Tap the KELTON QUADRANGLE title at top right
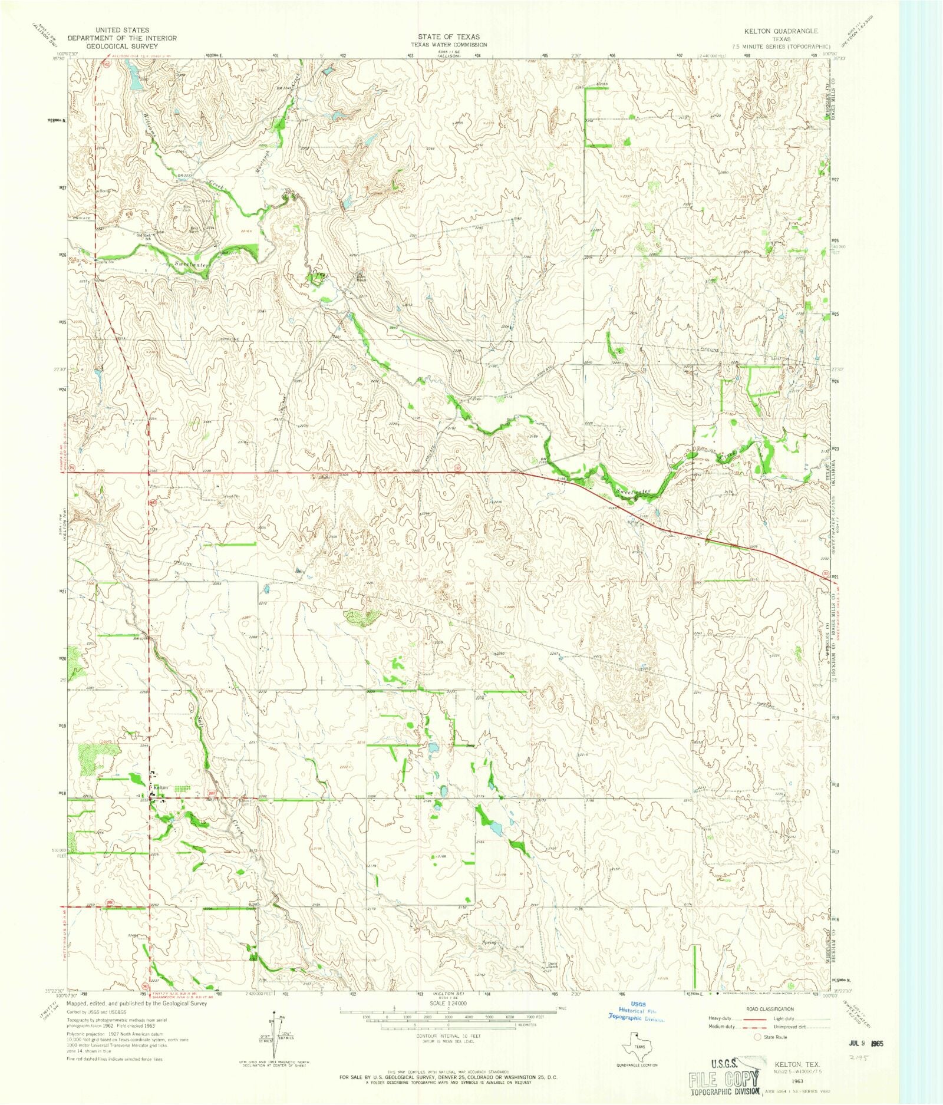[786, 31]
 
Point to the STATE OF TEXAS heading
[449, 37]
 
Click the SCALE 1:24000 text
[449, 1002]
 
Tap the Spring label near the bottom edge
[490, 943]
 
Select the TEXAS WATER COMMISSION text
[449, 45]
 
